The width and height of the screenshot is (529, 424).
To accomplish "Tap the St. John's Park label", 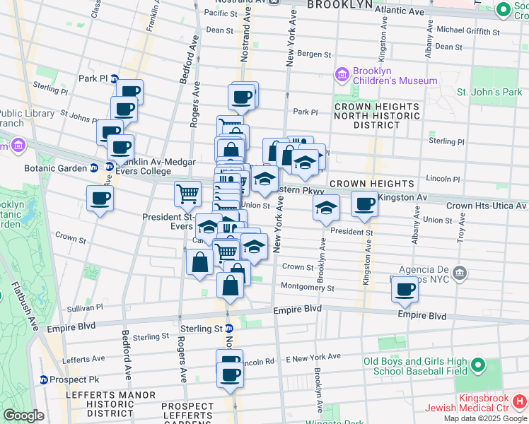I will pyautogui.click(x=489, y=93).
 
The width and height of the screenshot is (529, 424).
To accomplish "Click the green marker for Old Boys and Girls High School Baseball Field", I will pyautogui.click(x=478, y=366).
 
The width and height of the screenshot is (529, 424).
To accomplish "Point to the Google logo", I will pyautogui.click(x=23, y=416).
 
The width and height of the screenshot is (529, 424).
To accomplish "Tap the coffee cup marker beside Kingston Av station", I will pyautogui.click(x=364, y=204).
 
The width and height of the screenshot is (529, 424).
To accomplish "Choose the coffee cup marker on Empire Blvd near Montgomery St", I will pyautogui.click(x=405, y=288).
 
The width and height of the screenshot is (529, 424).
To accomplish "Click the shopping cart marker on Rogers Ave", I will pyautogui.click(x=188, y=193).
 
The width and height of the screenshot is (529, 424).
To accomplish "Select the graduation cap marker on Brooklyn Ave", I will pyautogui.click(x=326, y=208).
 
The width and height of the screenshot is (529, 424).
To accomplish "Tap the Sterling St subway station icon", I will pyautogui.click(x=229, y=329).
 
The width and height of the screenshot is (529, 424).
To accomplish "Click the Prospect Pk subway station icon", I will pyautogui.click(x=43, y=379).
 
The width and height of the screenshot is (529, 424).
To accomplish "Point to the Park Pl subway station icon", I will pyautogui.click(x=114, y=78).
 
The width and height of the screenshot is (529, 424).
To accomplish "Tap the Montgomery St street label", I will pyautogui.click(x=307, y=288).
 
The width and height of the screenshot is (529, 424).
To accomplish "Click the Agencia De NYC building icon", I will pyautogui.click(x=460, y=273).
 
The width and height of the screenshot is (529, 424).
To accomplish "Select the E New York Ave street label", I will pyautogui.click(x=313, y=358).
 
